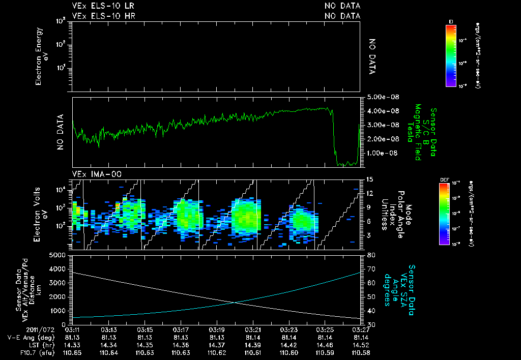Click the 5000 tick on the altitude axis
60,255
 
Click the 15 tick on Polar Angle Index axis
370,179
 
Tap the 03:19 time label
217,329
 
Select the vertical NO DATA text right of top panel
372,56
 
